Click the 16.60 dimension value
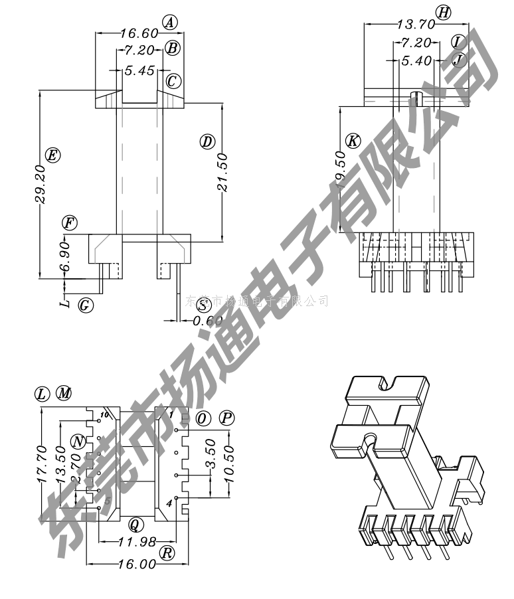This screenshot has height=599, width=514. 139,33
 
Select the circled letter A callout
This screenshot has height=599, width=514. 171,23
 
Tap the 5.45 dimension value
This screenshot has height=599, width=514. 139,69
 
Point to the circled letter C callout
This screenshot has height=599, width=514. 173,81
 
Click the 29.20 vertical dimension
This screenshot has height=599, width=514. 39,184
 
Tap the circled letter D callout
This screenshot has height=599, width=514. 207,141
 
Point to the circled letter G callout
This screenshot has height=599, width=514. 85,305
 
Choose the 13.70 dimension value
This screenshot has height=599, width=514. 416,25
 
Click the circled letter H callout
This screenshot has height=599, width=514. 443,12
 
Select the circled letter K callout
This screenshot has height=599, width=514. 353,141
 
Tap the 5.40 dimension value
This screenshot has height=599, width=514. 415,61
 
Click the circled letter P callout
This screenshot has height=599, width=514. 227,418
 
